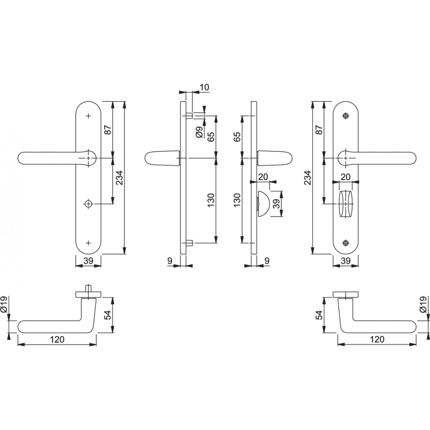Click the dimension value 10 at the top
tap(204, 87)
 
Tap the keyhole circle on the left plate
tap(88, 204)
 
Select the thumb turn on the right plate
tap(345, 204)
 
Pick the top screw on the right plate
tap(346, 116)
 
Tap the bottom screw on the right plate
tap(346, 243)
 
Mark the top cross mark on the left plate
tap(88, 116)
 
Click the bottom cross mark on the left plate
tap(88, 243)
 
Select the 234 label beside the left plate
tap(120, 178)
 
